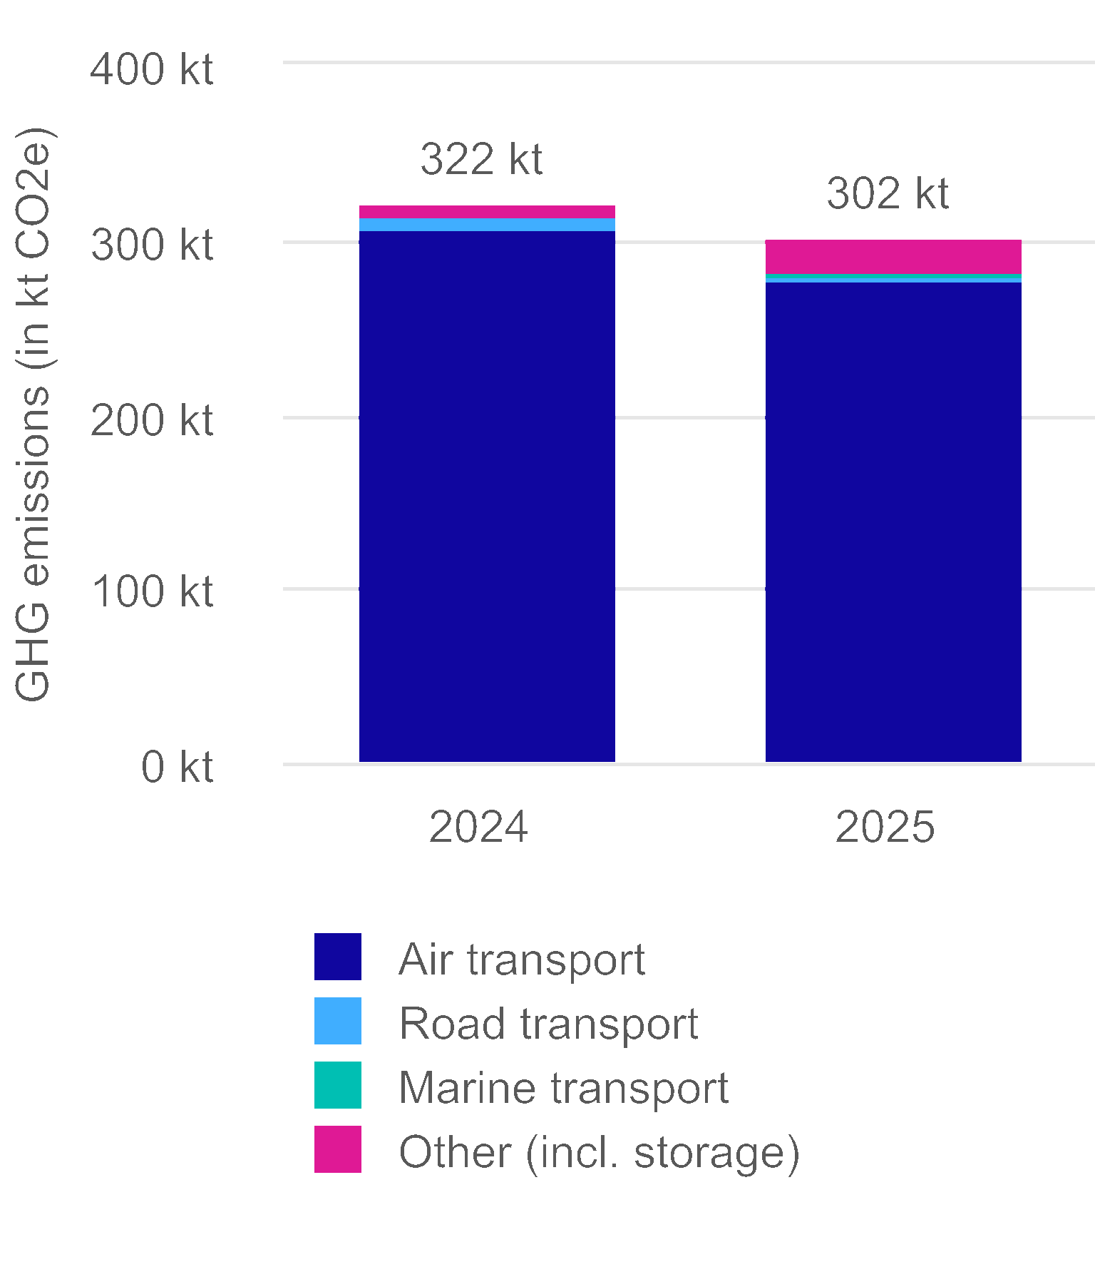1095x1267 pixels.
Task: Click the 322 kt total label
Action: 481,159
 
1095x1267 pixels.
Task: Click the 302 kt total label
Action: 888,193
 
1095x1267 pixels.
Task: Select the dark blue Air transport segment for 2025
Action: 893,521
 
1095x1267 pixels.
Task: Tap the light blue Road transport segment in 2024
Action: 487,225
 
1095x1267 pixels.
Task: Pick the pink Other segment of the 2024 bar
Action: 487,212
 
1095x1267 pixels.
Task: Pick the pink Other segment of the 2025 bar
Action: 893,257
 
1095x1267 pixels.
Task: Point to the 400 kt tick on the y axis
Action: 152,70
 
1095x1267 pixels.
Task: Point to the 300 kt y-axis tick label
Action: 152,245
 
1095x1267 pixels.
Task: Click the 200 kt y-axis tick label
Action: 152,420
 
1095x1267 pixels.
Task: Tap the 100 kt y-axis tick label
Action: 152,591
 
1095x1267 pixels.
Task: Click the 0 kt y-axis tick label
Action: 177,767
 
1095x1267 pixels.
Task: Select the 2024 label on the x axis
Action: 478,827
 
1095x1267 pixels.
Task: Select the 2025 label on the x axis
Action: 885,827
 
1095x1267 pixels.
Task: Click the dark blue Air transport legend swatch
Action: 338,957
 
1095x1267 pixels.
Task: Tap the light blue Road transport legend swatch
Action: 338,1021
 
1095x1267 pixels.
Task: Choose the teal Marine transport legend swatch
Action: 338,1085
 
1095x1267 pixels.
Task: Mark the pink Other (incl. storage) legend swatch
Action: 338,1149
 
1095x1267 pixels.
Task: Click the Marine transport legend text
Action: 563,1088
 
